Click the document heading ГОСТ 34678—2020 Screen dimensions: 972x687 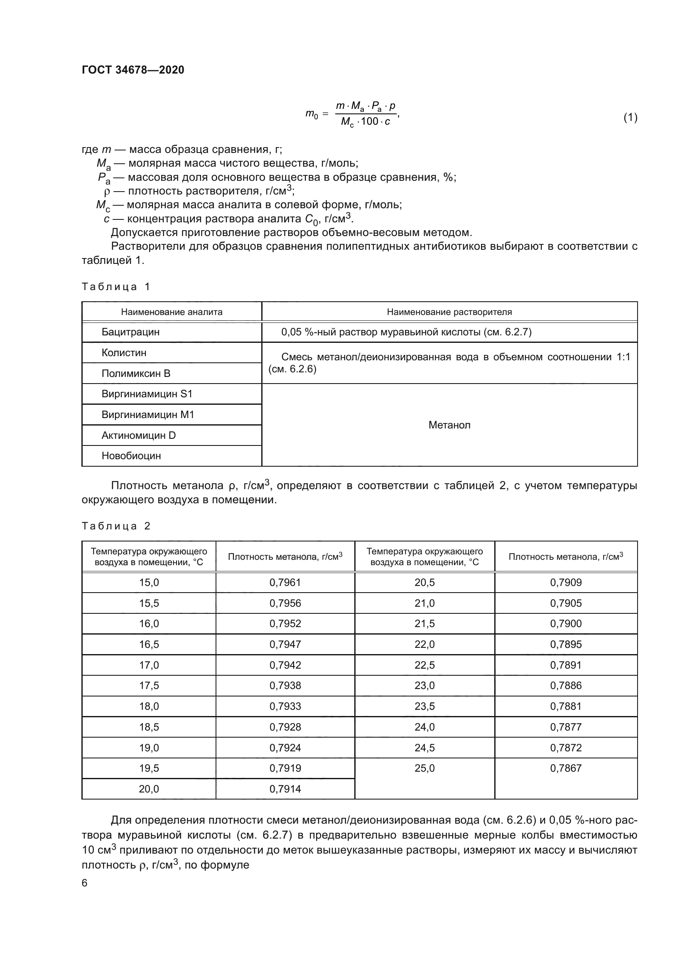pyautogui.click(x=133, y=70)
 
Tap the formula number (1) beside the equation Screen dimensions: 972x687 pyautogui.click(x=630, y=117)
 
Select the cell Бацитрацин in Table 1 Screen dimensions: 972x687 pyautogui.click(x=130, y=332)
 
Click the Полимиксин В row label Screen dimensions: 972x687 pyautogui.click(x=135, y=374)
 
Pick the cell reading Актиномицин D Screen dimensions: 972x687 pyautogui.click(x=138, y=435)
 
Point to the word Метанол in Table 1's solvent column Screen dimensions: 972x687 pyautogui.click(x=449, y=425)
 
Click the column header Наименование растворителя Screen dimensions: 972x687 pyautogui.click(x=449, y=312)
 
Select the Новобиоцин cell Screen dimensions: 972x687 pyautogui.click(x=131, y=456)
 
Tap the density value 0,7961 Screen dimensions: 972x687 pyautogui.click(x=285, y=583)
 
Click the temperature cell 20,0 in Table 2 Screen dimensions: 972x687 pyautogui.click(x=149, y=789)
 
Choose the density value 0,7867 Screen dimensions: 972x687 pyautogui.click(x=566, y=768)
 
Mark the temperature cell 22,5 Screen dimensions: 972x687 pyautogui.click(x=424, y=665)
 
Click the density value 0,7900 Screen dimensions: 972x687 pyautogui.click(x=566, y=624)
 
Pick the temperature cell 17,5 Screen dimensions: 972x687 pyautogui.click(x=149, y=685)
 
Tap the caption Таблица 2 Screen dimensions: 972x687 pyautogui.click(x=116, y=526)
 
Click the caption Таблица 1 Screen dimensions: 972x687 pyautogui.click(x=116, y=287)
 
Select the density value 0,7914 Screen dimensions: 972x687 pyautogui.click(x=285, y=789)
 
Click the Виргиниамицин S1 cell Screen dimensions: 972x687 pyautogui.click(x=147, y=394)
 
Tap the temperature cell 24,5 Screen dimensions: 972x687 pyautogui.click(x=424, y=748)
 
